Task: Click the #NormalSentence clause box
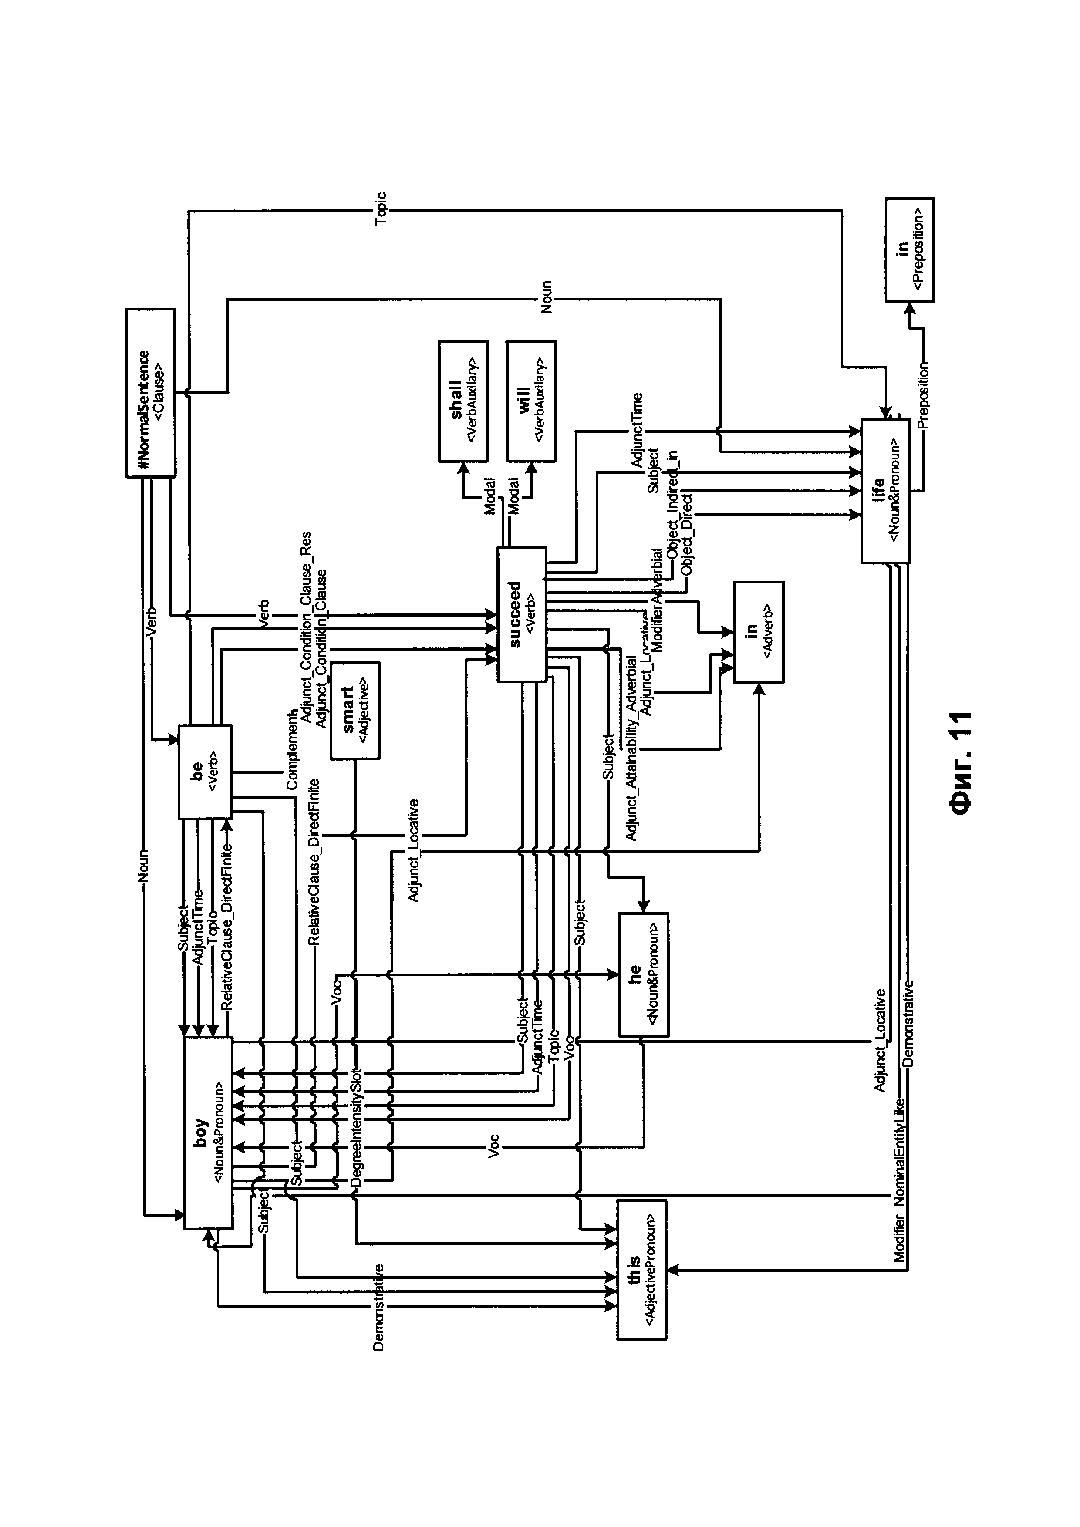coord(151,392)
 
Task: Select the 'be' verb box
coord(205,772)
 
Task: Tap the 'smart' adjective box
coord(355,710)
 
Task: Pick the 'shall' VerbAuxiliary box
coord(463,401)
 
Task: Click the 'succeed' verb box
coord(521,614)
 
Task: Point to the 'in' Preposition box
coord(909,249)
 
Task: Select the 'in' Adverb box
coord(758,631)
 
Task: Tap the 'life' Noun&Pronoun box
coord(885,490)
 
